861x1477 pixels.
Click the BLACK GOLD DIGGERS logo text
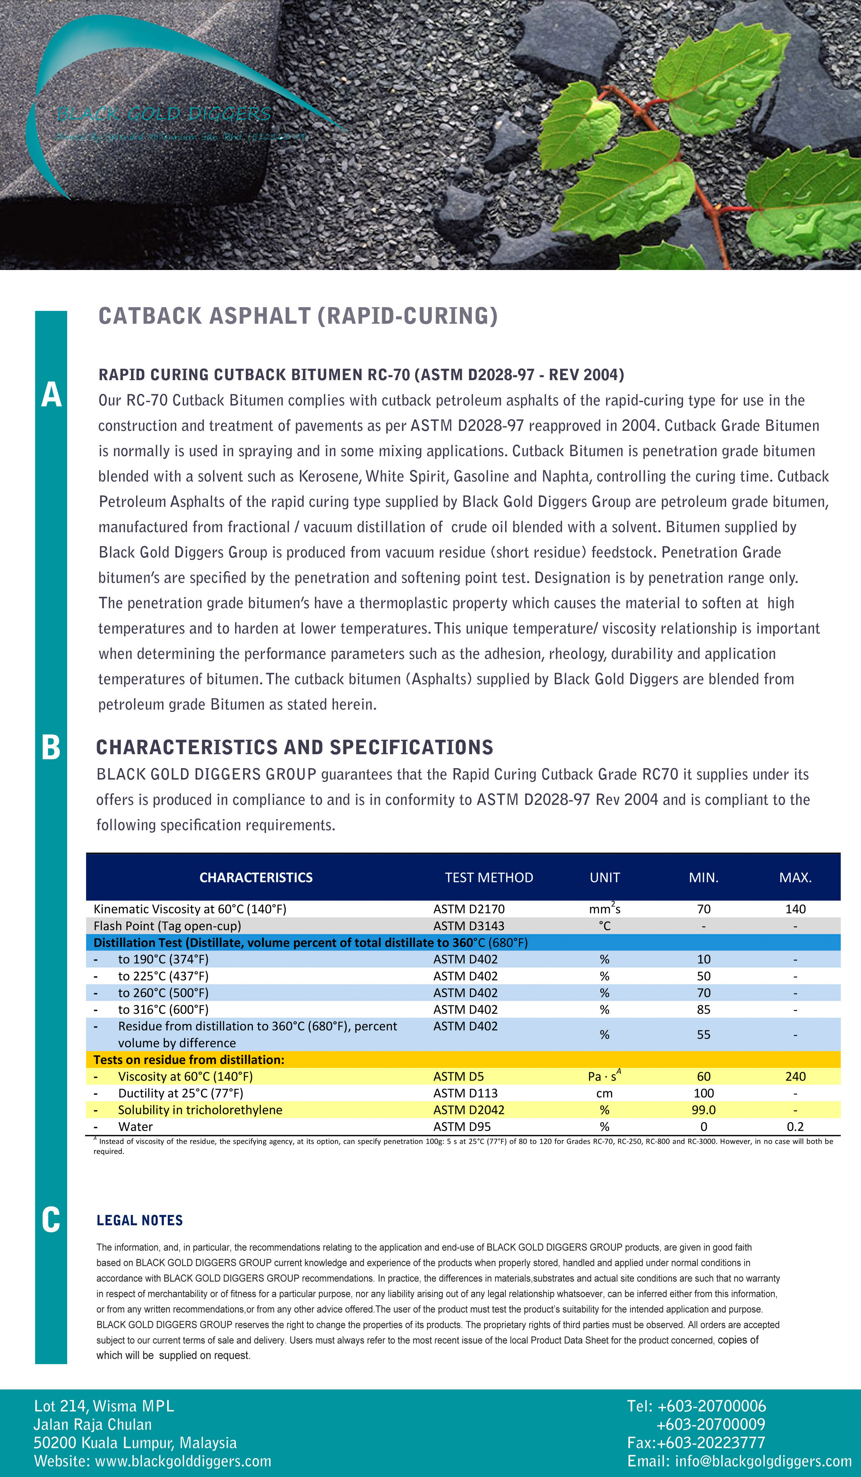[164, 114]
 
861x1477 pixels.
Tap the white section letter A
[51, 394]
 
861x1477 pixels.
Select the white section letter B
[51, 748]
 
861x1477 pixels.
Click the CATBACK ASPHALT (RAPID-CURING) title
[297, 316]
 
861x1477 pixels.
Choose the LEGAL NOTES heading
[139, 1220]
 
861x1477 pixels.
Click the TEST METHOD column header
[489, 878]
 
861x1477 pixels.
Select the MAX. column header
[795, 878]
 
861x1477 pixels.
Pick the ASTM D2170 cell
[469, 909]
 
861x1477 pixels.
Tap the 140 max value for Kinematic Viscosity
[795, 909]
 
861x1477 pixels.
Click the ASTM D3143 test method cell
[469, 926]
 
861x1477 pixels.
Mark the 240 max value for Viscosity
[795, 1076]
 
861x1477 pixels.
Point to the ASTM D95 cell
[462, 1127]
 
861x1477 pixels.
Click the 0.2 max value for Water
[795, 1127]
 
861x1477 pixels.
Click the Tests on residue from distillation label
[189, 1060]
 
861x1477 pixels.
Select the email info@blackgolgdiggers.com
[763, 1460]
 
